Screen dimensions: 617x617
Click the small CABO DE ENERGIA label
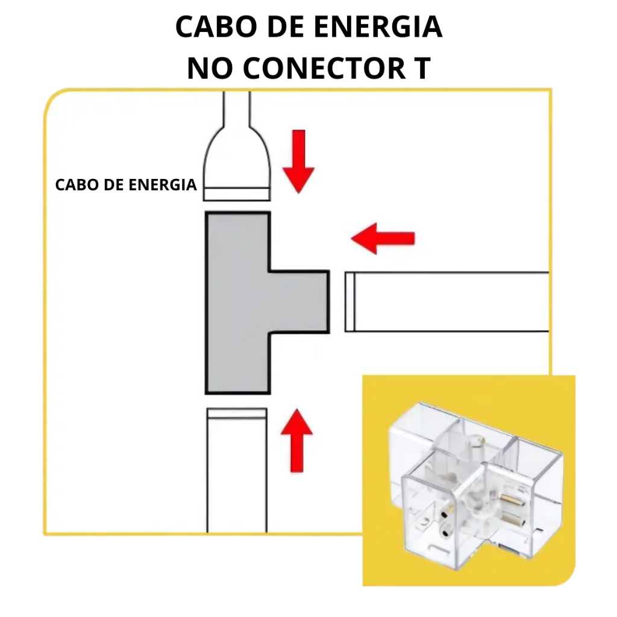[126, 185]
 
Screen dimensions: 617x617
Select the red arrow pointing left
[383, 238]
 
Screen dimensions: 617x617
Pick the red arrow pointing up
[296, 439]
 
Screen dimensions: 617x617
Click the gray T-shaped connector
[238, 301]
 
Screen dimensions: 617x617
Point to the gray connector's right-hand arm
[300, 301]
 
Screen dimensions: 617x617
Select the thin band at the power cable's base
[236, 194]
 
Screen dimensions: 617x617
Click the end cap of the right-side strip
[349, 301]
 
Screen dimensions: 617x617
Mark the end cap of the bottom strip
[236, 413]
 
